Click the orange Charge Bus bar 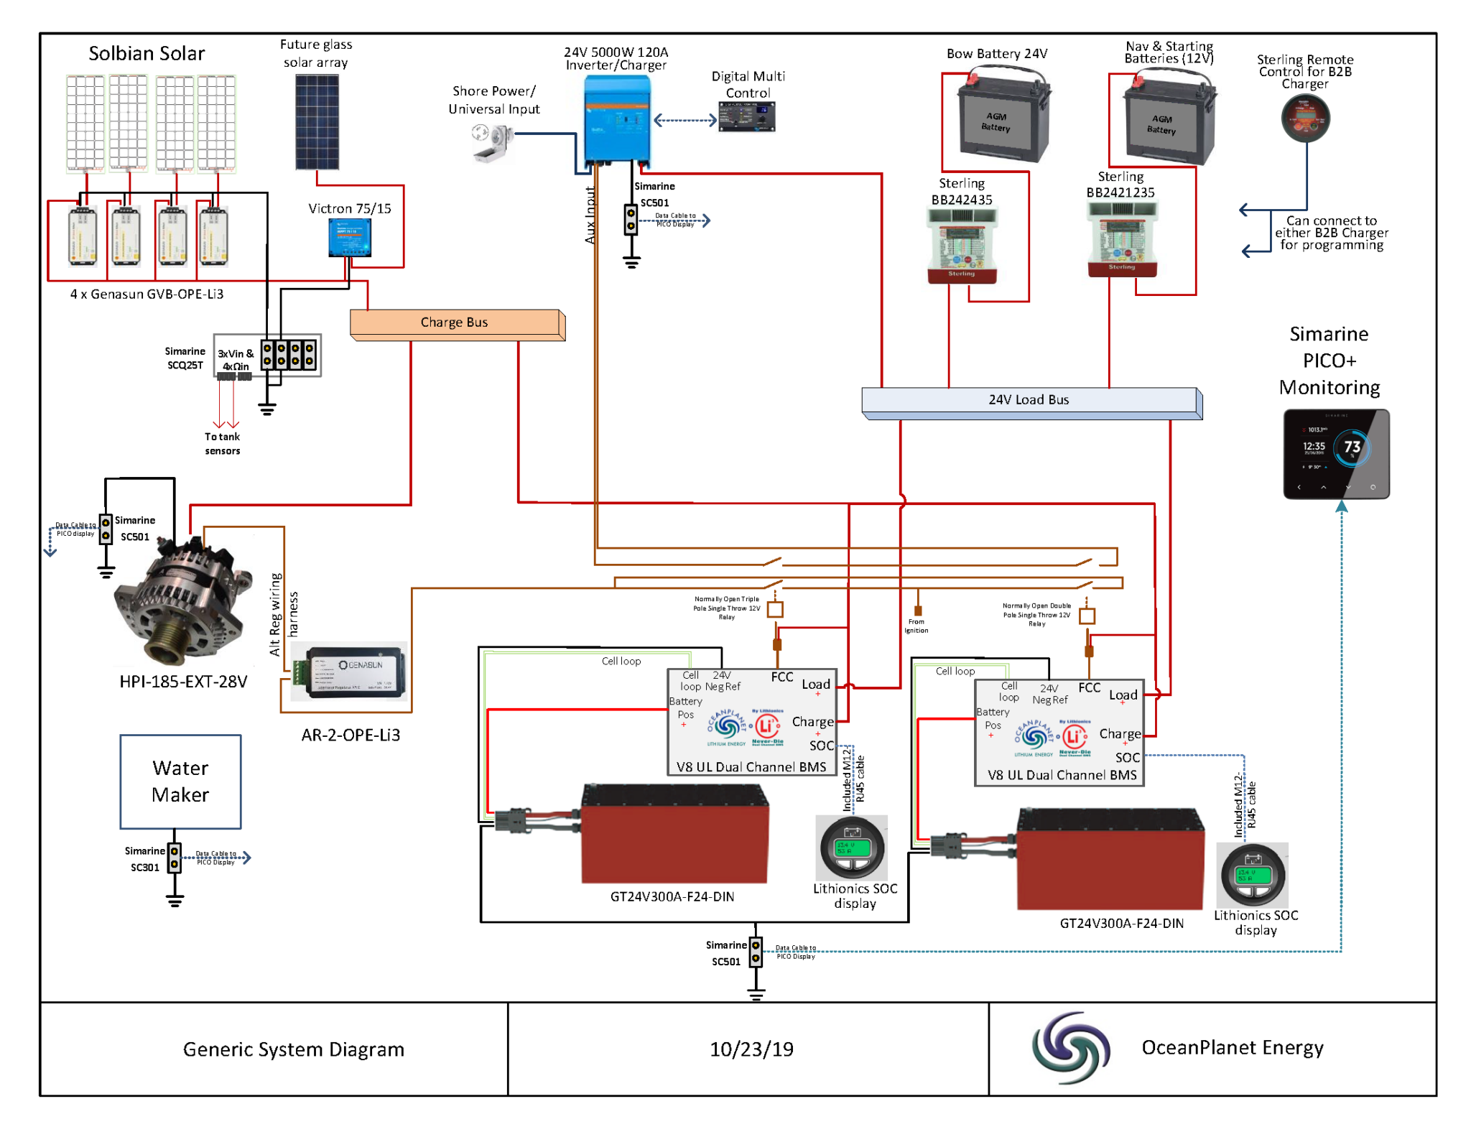pos(455,322)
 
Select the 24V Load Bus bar pos(1029,400)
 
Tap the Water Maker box pos(180,781)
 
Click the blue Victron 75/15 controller pos(350,237)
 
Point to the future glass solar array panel pos(317,122)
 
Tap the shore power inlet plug pos(491,141)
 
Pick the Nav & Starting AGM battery pos(1168,120)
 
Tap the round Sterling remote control pos(1305,119)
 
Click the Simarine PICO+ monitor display pos(1336,454)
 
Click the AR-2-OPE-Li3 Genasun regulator pos(350,672)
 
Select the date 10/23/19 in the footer pos(751,1049)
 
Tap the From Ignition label pos(916,626)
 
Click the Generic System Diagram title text pos(293,1049)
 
